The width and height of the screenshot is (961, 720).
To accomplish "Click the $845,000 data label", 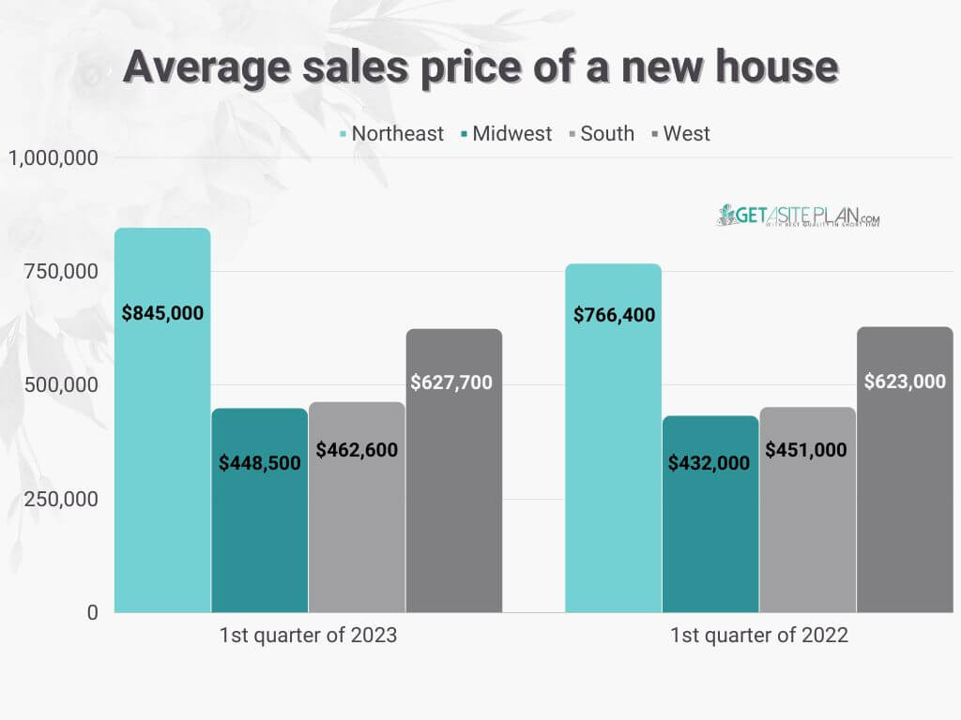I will (162, 314).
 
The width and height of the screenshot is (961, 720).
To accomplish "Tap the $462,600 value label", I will (357, 450).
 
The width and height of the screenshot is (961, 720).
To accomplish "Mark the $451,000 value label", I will (806, 450).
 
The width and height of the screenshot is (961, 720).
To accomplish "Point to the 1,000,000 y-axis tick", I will (53, 158).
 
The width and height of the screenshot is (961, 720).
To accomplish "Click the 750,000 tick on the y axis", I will (63, 272).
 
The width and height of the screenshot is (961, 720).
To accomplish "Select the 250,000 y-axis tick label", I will (63, 499).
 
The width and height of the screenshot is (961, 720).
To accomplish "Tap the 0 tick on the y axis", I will (93, 612).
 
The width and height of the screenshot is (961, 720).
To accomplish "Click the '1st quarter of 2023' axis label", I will (308, 636).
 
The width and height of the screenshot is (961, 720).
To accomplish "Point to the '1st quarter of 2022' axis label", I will (758, 636).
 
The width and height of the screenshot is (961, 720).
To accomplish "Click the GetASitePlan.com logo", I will (799, 217).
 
